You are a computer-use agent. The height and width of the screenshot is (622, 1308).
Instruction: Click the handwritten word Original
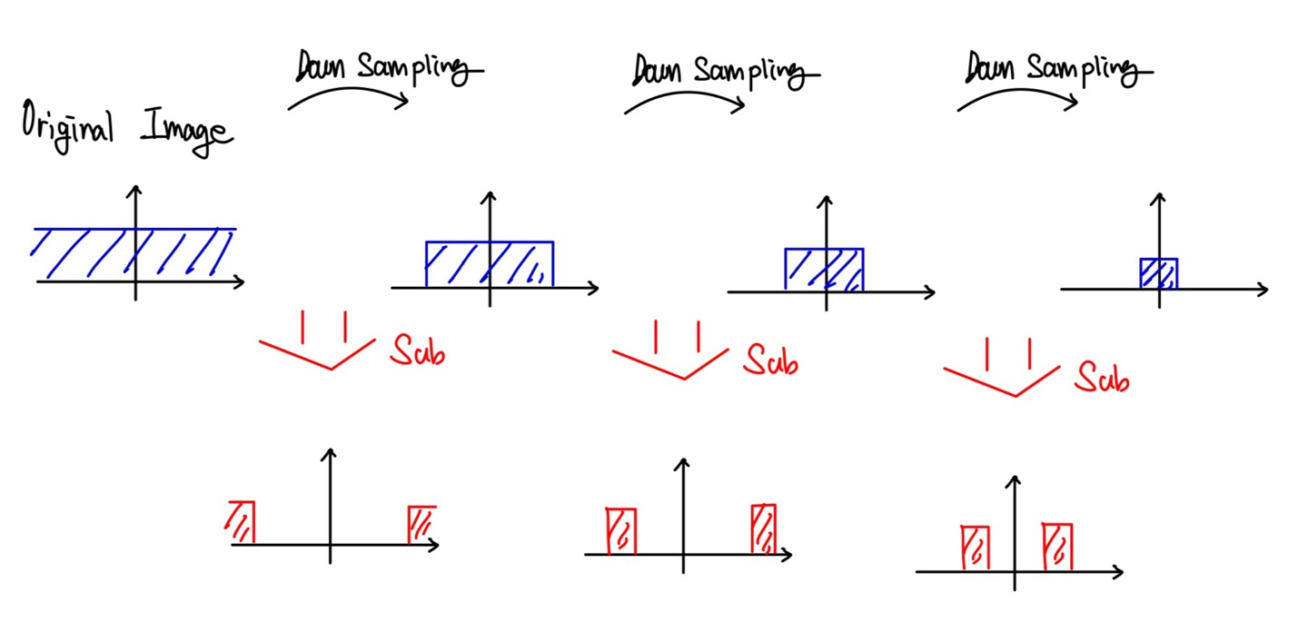tap(67, 125)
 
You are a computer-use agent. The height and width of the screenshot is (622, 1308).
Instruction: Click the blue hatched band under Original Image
tap(134, 253)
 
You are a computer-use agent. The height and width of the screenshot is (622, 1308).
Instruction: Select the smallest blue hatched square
tap(1159, 273)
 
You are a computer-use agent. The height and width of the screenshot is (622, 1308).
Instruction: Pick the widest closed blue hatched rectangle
tap(490, 264)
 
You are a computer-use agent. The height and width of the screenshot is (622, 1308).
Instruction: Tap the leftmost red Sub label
tap(418, 349)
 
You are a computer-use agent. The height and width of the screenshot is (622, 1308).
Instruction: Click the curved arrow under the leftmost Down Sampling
tap(348, 94)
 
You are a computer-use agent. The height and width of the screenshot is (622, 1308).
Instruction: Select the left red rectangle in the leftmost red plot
tap(242, 522)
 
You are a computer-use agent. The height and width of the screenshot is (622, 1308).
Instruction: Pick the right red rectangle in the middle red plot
tap(763, 528)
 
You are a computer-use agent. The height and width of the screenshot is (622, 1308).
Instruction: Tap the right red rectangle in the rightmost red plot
tap(1057, 546)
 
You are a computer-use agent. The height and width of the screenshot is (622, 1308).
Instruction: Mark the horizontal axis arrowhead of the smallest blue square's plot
tap(1262, 289)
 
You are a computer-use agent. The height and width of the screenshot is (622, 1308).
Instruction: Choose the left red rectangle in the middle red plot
tap(621, 531)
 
